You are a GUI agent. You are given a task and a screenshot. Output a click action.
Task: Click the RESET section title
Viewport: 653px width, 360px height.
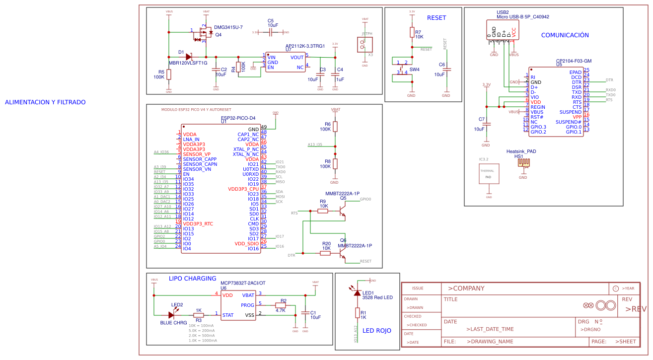click(436, 18)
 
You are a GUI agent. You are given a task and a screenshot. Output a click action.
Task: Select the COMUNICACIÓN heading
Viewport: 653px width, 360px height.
click(565, 35)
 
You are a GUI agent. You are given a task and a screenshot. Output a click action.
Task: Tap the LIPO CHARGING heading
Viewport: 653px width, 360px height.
click(192, 279)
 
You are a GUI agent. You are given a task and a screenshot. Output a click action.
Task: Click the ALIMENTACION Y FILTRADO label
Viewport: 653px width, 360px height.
click(45, 102)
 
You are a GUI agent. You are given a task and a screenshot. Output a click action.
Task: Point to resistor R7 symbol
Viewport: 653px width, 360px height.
click(412, 33)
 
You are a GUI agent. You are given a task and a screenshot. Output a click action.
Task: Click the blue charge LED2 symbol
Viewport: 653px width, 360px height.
click(172, 315)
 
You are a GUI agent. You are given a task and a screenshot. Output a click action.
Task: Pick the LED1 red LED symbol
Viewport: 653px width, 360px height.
click(357, 293)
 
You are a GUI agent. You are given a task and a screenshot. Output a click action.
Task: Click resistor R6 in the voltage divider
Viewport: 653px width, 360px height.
click(335, 127)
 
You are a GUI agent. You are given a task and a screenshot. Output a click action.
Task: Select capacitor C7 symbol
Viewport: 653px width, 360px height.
click(486, 124)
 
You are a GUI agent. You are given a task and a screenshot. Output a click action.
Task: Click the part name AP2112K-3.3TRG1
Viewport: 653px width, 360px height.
click(305, 46)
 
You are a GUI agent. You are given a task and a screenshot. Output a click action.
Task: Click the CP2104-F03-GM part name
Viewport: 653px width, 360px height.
click(574, 61)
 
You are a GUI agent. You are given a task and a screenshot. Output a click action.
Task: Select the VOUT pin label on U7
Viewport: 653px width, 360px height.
click(297, 58)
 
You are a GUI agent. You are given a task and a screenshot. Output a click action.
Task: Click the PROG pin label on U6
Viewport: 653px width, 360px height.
click(247, 305)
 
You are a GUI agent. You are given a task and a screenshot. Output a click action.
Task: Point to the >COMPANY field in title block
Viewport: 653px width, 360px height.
click(466, 288)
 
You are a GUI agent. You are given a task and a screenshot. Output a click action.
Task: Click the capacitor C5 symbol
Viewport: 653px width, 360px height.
click(271, 32)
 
